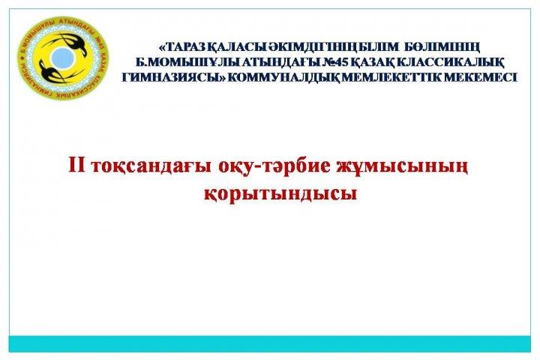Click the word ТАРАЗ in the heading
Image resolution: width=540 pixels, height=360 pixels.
point(186,46)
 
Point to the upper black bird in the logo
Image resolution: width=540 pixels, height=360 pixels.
point(70,43)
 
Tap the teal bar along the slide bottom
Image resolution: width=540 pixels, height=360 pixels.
point(270,343)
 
